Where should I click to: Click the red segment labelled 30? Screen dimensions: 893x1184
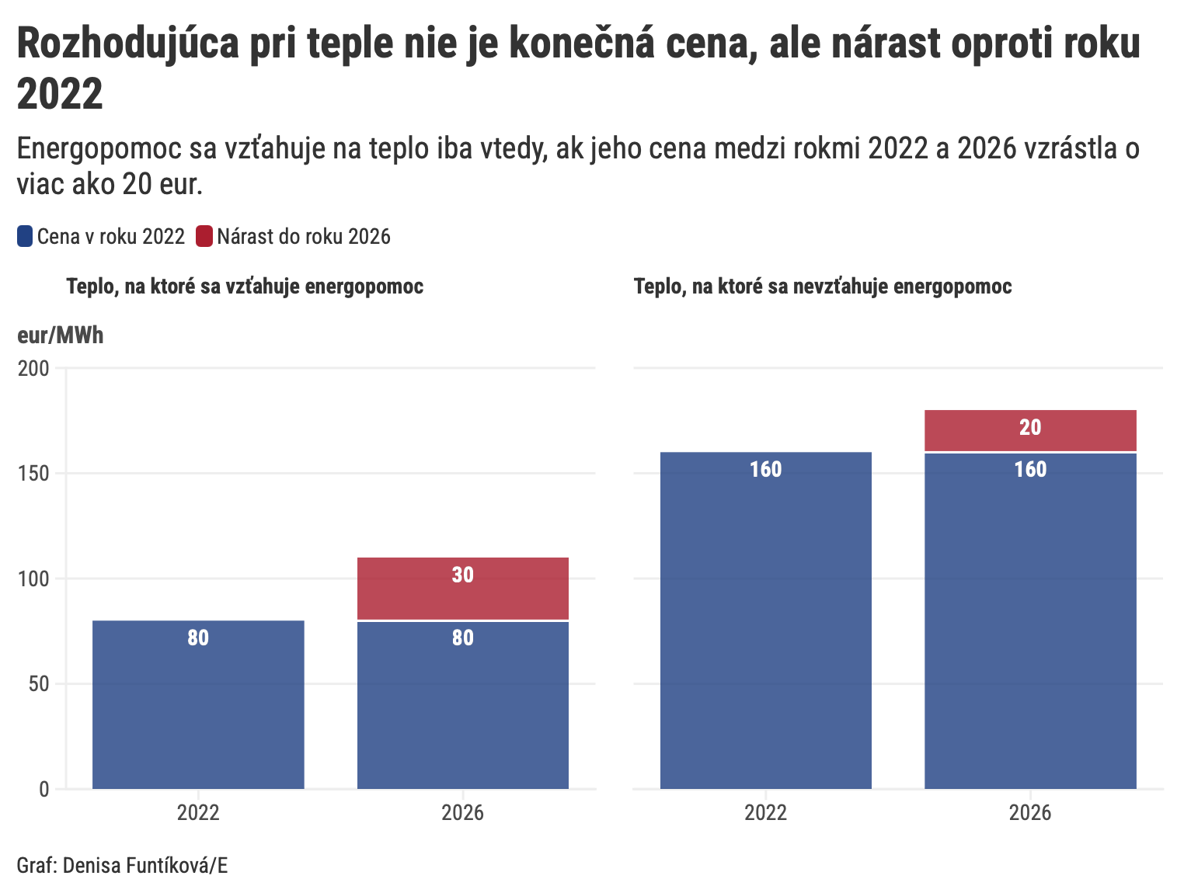[x=462, y=589]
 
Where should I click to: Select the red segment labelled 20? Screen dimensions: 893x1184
[x=1030, y=430]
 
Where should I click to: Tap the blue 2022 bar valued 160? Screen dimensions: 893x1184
[x=765, y=621]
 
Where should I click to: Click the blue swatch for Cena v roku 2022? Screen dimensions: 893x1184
[x=25, y=236]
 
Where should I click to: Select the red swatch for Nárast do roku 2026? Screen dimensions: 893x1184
[x=204, y=236]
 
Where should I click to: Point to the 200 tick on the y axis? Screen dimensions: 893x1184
[x=33, y=368]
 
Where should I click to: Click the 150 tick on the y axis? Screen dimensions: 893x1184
[x=33, y=474]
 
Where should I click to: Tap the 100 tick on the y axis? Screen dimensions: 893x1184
[x=33, y=579]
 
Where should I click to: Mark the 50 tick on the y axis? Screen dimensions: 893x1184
[x=39, y=684]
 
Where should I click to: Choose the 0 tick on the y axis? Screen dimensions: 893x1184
[x=44, y=789]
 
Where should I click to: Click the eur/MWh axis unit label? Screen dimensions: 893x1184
[x=60, y=335]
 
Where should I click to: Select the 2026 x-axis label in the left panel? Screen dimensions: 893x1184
[x=462, y=813]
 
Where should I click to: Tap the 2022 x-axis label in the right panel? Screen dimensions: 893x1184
[x=765, y=813]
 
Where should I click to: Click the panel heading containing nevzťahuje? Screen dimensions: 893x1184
[x=823, y=287]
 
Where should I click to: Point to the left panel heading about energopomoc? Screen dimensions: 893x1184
[x=245, y=287]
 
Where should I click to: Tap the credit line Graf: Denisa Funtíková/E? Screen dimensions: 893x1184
[x=122, y=865]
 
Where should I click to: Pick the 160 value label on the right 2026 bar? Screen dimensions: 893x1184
[x=1030, y=469]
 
